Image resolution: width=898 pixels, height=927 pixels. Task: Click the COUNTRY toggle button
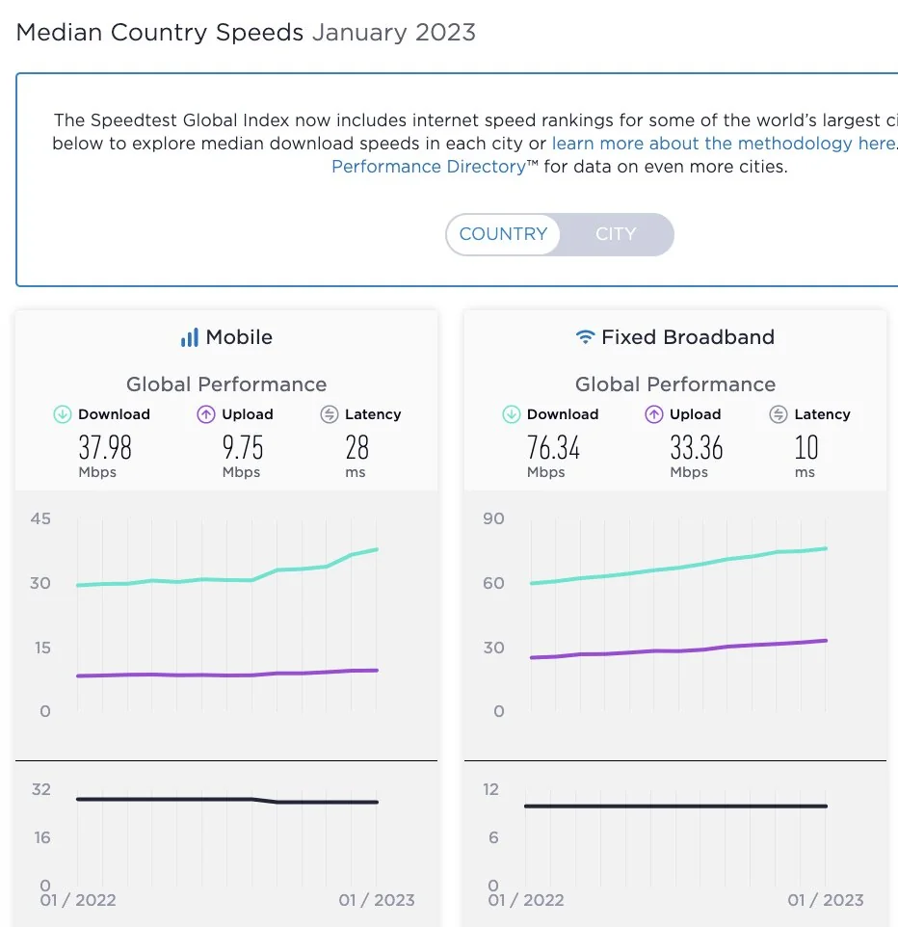(x=503, y=234)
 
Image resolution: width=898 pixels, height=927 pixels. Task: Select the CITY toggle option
(x=616, y=234)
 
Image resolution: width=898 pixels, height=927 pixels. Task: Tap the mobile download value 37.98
(x=105, y=447)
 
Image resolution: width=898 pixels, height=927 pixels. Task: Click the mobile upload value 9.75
(x=242, y=447)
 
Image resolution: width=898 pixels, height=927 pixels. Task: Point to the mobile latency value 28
(x=357, y=447)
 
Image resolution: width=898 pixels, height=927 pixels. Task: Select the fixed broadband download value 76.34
(x=553, y=447)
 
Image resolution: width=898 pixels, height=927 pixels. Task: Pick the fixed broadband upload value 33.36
(x=696, y=447)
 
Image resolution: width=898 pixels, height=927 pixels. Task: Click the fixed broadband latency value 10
(x=806, y=447)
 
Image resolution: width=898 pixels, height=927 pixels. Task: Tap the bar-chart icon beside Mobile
(x=189, y=337)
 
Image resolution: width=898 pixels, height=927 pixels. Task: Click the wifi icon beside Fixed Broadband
(x=584, y=337)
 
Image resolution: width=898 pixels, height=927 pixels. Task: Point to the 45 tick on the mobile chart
(x=41, y=519)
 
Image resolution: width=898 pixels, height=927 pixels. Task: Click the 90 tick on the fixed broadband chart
(x=492, y=519)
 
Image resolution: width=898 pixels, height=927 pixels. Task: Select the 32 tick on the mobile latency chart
(x=41, y=790)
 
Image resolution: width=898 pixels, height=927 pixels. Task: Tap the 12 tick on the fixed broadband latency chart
(x=491, y=790)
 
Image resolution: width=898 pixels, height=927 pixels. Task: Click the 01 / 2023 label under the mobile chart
(x=376, y=901)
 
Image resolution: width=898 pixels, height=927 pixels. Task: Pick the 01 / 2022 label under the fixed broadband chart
(x=525, y=901)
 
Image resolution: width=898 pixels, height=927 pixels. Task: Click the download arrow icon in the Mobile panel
(x=63, y=414)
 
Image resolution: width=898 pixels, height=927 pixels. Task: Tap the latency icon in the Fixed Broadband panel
(x=779, y=414)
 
